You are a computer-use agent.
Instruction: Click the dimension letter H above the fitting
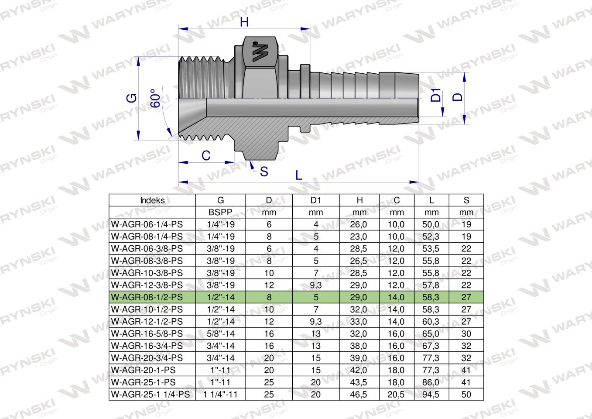pyautogui.click(x=244, y=22)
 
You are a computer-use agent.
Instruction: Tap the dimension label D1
pyautogui.click(x=436, y=95)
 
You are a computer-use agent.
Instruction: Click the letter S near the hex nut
pyautogui.click(x=264, y=172)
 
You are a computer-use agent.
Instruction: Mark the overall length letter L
pyautogui.click(x=298, y=175)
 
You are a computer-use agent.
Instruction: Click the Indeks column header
pyautogui.click(x=152, y=200)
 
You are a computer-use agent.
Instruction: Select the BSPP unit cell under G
pyautogui.click(x=221, y=213)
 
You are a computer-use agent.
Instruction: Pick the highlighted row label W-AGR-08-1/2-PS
pyautogui.click(x=147, y=297)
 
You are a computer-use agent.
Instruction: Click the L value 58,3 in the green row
pyautogui.click(x=431, y=297)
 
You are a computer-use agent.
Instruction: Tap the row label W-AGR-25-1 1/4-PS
pyautogui.click(x=151, y=395)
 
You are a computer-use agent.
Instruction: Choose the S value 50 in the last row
pyautogui.click(x=466, y=395)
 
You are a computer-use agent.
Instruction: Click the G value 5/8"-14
pyautogui.click(x=221, y=334)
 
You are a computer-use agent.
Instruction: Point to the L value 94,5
pyautogui.click(x=431, y=395)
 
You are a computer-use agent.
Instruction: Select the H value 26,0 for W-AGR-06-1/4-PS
pyautogui.click(x=359, y=225)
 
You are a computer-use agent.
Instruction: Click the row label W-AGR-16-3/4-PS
pyautogui.click(x=147, y=346)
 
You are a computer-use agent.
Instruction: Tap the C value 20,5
pyautogui.click(x=396, y=395)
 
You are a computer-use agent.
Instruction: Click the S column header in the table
pyautogui.click(x=466, y=200)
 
